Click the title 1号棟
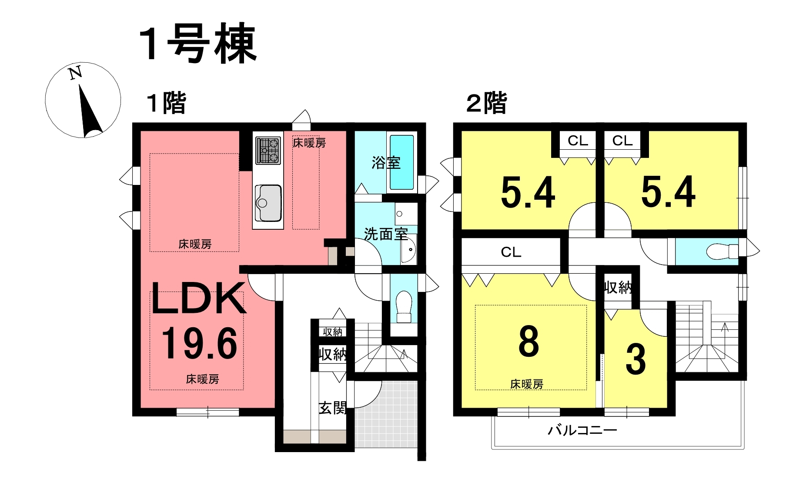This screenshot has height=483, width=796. (x=198, y=44)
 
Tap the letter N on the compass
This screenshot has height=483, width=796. (x=76, y=73)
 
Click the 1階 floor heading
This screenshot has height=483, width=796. (x=167, y=103)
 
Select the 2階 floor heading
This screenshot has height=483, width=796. (x=487, y=103)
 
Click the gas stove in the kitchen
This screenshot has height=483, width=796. (x=268, y=150)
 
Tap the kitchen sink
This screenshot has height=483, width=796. (x=268, y=203)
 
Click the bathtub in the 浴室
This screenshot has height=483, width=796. (x=401, y=162)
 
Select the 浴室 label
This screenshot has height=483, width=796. (x=386, y=163)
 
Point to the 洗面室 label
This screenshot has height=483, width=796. (x=385, y=234)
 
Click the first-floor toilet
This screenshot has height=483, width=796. (x=404, y=306)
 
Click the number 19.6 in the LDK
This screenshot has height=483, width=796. (x=200, y=344)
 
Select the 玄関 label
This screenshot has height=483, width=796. (x=332, y=408)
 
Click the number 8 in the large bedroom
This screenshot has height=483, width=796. (x=528, y=342)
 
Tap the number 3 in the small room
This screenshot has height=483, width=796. (x=635, y=359)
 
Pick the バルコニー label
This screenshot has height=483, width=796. (x=582, y=430)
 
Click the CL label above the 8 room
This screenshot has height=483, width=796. (x=511, y=252)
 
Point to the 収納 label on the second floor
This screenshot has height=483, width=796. (x=618, y=287)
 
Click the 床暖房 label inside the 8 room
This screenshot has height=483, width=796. (x=527, y=384)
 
